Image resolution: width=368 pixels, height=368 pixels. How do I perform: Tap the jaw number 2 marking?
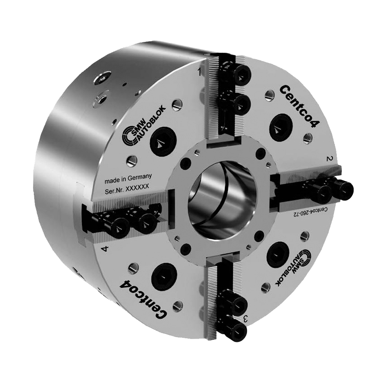[x=330, y=159]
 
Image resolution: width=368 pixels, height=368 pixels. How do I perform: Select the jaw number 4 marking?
[x=105, y=249]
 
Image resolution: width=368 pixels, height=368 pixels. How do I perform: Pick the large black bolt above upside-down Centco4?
[x=162, y=276]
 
